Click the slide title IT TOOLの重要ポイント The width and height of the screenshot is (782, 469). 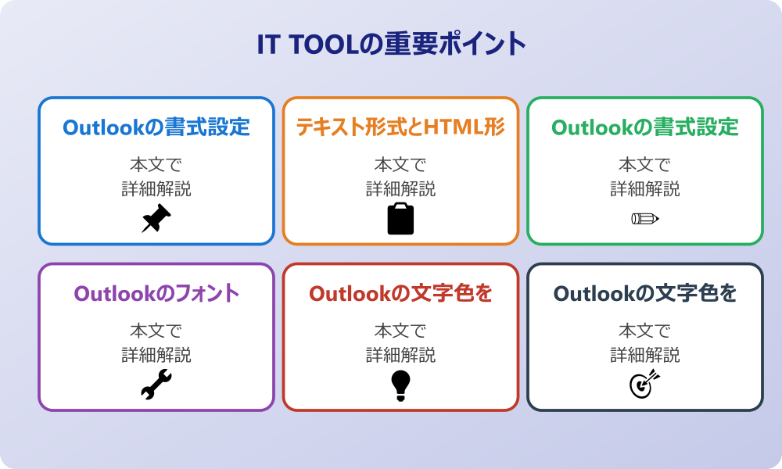coord(391,44)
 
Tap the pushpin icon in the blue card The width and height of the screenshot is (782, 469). coord(156,218)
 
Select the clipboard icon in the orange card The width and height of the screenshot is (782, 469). coord(400,218)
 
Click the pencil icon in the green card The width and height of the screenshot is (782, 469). coord(645,218)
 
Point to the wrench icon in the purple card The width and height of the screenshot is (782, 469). coord(156,385)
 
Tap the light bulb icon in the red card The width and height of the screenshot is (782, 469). coord(400,385)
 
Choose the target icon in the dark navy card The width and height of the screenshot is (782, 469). coord(645,384)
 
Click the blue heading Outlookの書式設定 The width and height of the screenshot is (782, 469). coord(156,127)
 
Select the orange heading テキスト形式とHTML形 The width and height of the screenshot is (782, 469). coord(400,127)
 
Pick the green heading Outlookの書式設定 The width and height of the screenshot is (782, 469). coord(645,127)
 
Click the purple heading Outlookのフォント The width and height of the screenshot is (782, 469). coord(156,293)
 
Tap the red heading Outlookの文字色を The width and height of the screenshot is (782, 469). coord(400,293)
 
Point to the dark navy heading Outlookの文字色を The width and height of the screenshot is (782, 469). coord(645,293)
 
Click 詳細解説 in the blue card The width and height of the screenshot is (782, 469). coord(156,189)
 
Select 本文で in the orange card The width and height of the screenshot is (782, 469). coord(400,164)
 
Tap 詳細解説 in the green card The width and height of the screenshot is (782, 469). coord(645,189)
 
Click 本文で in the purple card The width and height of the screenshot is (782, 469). coord(156,331)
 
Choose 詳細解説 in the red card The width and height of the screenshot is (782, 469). coord(400,355)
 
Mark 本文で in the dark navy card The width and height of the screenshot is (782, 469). coord(645,331)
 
